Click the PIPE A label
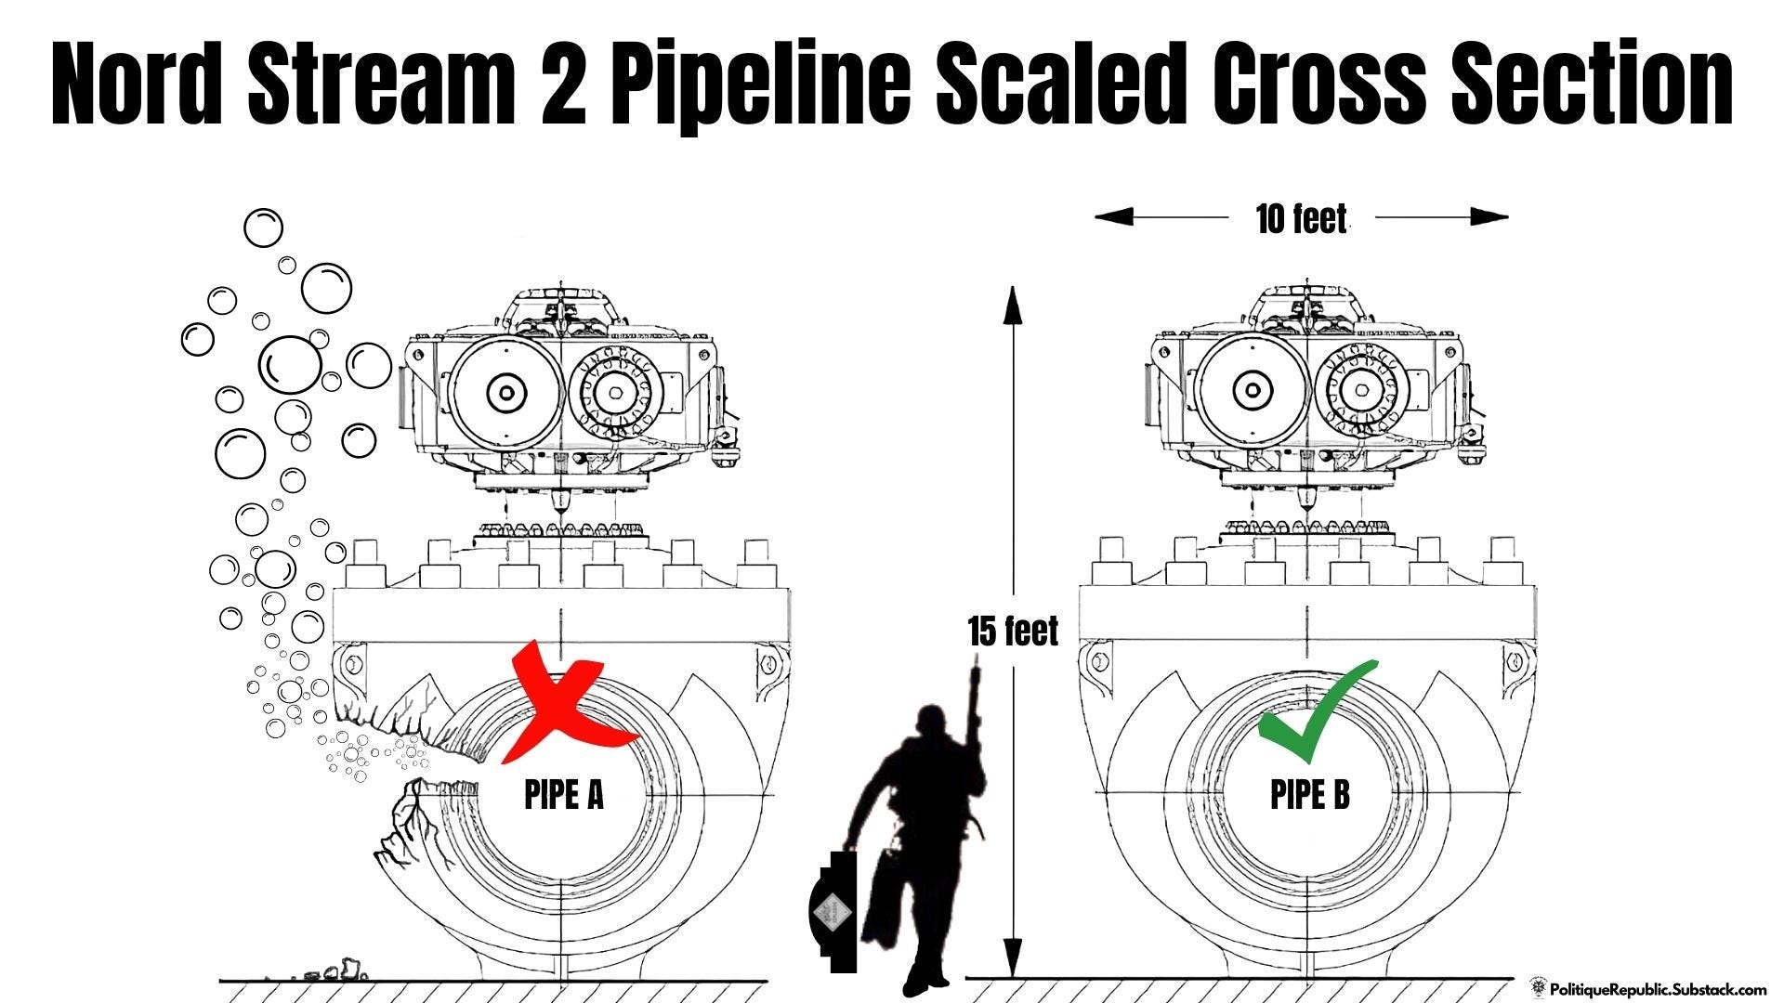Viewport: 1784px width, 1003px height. (x=564, y=795)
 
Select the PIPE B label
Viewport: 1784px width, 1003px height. (x=1310, y=795)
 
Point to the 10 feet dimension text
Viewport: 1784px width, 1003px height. (x=1301, y=219)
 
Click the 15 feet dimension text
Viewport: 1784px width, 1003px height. (x=1013, y=632)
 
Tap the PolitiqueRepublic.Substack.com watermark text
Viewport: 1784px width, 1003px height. (x=1658, y=990)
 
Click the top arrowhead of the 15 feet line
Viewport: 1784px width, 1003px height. (x=1013, y=305)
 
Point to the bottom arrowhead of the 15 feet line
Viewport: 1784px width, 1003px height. (x=1013, y=958)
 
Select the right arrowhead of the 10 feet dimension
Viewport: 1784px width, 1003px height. (x=1489, y=217)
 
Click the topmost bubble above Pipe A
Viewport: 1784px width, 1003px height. (x=263, y=228)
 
